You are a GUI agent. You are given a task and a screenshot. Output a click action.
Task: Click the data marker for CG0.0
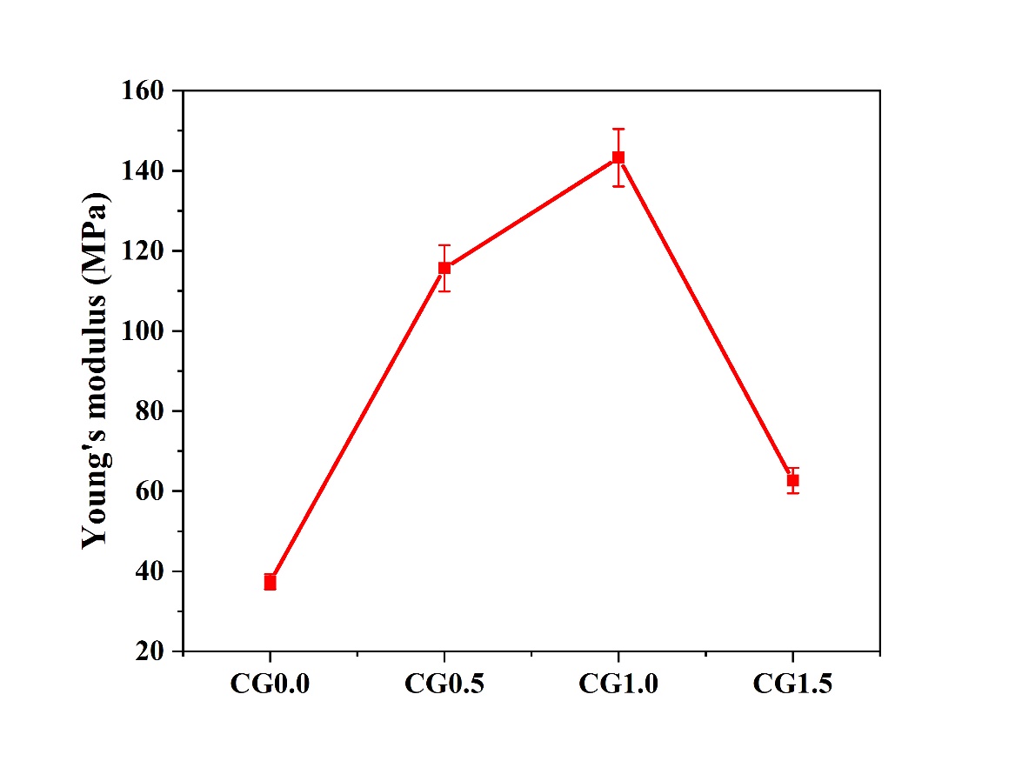271,582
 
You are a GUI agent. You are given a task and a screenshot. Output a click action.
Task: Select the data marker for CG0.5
444,268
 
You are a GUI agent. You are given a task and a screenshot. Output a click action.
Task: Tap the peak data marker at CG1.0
618,157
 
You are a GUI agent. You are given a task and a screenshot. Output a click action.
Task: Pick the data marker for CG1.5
792,480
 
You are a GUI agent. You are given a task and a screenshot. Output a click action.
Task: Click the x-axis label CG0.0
271,684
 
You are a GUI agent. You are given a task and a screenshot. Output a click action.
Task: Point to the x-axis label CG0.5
444,684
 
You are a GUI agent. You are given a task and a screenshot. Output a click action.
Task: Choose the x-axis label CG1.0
618,684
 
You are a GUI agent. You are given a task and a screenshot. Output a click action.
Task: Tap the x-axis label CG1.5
792,684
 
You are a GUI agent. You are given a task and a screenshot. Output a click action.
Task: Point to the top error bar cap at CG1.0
618,129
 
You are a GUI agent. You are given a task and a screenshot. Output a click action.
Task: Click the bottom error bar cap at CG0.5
444,290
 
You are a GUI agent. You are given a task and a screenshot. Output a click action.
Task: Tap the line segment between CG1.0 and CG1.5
705,319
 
